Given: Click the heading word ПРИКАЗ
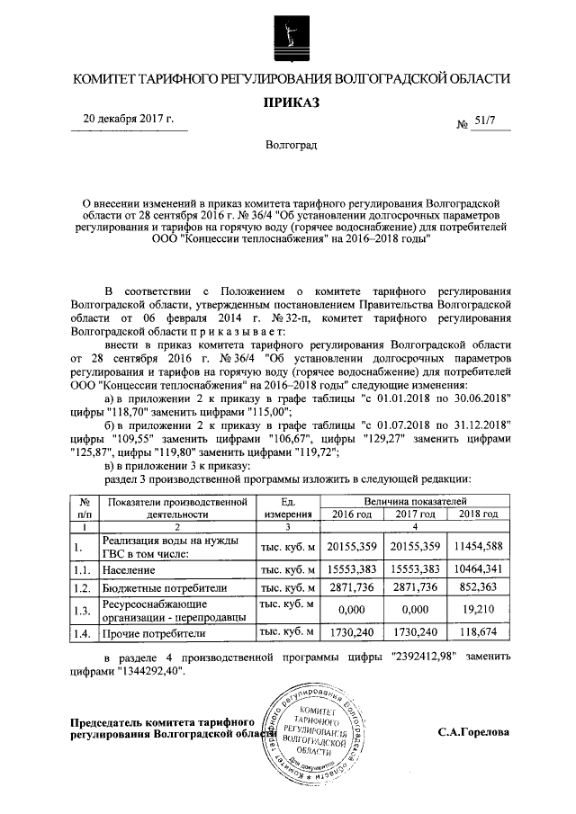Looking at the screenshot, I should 288,103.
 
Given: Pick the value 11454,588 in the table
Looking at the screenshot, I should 476,547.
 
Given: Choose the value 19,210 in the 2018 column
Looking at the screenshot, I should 476,611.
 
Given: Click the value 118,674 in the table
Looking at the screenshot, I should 476,634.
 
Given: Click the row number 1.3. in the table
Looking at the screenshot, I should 84,611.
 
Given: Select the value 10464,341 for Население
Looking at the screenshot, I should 476,569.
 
